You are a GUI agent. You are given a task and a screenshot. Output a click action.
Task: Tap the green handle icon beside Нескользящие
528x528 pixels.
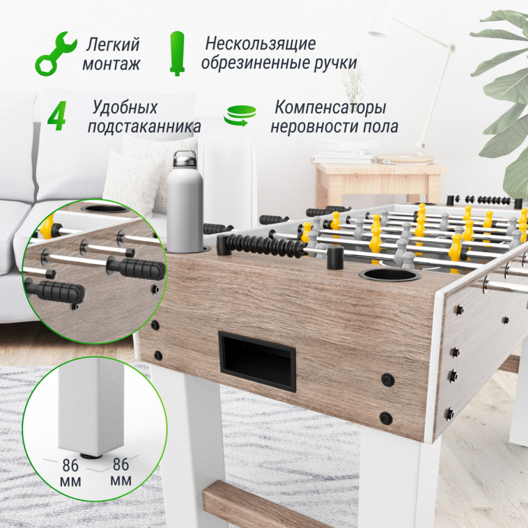tap(177, 53)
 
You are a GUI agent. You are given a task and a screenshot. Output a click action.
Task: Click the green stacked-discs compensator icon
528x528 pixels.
tap(240, 116)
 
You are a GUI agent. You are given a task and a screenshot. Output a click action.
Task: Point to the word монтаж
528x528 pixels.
tap(111, 64)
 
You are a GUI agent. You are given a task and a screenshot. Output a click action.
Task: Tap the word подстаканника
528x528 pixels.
tap(144, 127)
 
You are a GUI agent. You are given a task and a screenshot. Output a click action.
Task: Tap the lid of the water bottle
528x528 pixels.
tap(185, 159)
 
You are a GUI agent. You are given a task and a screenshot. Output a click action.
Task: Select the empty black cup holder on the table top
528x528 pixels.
tap(389, 274)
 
